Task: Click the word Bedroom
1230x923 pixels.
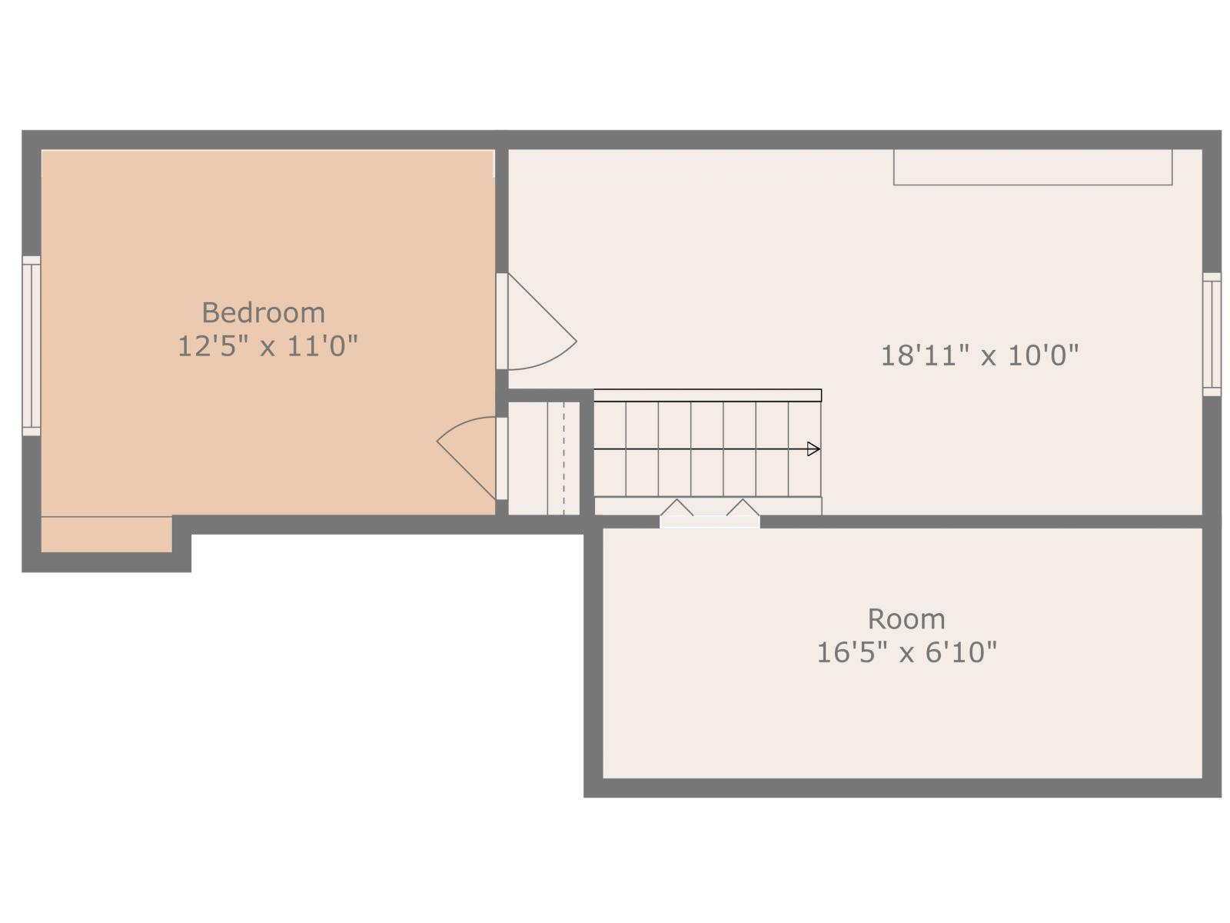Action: [x=263, y=312]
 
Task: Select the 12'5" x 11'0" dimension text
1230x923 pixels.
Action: [x=268, y=346]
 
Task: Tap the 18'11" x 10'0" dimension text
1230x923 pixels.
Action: [x=979, y=355]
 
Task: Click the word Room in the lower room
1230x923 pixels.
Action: [x=906, y=618]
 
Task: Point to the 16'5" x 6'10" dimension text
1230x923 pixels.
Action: [x=906, y=652]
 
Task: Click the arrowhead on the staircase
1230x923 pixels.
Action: [x=813, y=449]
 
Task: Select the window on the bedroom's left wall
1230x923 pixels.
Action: [x=31, y=345]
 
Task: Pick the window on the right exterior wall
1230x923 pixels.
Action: [x=1211, y=334]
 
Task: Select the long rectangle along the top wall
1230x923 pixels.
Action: [x=1032, y=167]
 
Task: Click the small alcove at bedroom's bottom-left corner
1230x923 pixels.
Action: [x=106, y=534]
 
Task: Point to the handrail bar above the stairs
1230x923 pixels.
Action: [x=707, y=395]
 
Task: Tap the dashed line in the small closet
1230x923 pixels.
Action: [x=563, y=458]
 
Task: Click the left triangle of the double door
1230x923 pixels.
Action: [x=676, y=508]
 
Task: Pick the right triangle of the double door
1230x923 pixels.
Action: [x=743, y=508]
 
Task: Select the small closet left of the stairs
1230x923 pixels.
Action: [x=544, y=458]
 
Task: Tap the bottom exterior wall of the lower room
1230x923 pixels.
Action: [x=902, y=787]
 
